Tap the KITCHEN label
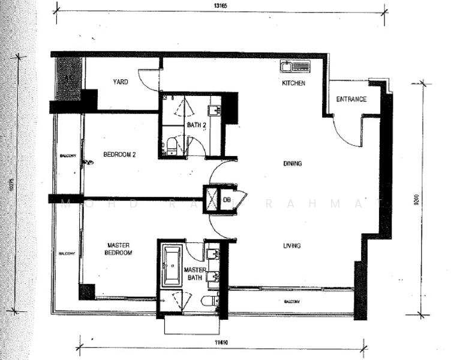[x=294, y=83]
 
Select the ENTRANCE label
[x=351, y=99]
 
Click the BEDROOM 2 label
[x=120, y=154]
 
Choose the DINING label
[x=293, y=163]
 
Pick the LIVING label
[x=292, y=245]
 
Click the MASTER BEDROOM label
[x=119, y=249]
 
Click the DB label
[x=227, y=200]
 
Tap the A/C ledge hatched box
[x=68, y=78]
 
